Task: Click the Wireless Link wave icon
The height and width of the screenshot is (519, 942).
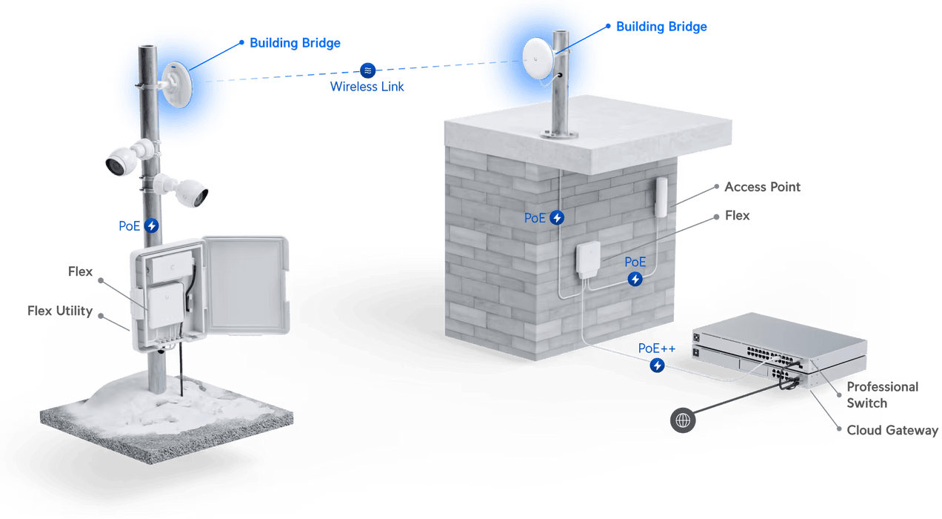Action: coord(367,70)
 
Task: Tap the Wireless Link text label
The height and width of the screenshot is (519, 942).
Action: coord(367,86)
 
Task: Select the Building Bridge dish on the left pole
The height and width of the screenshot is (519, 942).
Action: coord(178,85)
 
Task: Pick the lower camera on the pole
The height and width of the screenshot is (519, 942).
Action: coord(191,191)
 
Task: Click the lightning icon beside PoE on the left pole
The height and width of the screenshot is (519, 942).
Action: coord(151,225)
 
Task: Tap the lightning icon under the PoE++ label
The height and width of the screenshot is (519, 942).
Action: coord(657,365)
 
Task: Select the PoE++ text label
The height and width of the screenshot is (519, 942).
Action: coord(657,348)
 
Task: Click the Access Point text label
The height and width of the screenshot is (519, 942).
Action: coord(762,188)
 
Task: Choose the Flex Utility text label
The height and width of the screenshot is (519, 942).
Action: coord(61,311)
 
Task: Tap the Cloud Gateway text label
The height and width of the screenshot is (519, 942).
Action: coord(892,430)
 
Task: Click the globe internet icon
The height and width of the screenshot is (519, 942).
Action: coord(683,420)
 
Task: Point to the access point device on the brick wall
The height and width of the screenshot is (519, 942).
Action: coord(661,197)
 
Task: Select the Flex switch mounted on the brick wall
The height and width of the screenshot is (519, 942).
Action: coord(591,260)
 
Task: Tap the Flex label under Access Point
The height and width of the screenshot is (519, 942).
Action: coord(737,216)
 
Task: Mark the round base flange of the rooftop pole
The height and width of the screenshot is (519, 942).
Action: coord(560,135)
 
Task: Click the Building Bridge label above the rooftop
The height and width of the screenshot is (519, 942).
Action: coord(661,27)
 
